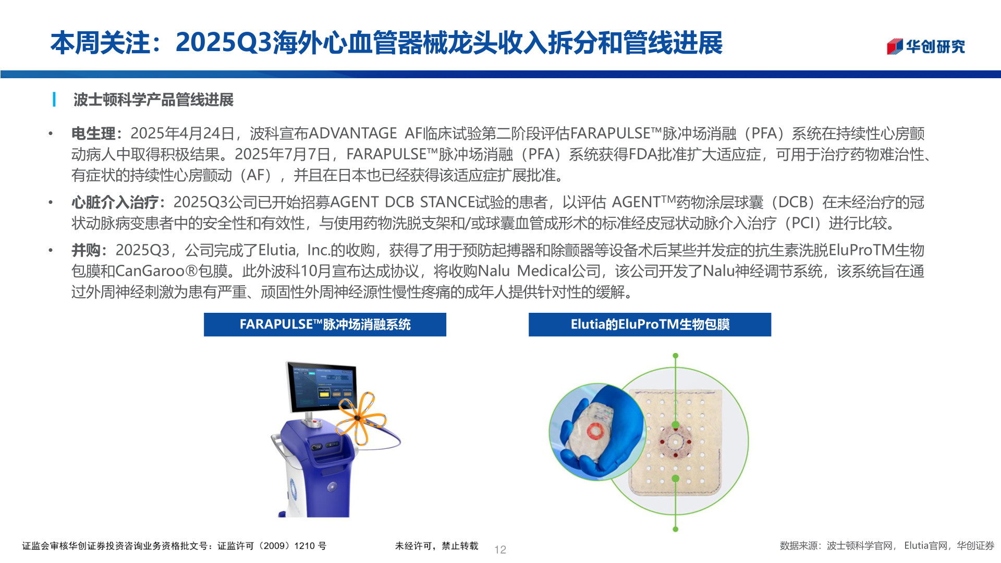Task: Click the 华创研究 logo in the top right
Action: pos(925,46)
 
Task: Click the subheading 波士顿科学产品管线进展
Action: pos(153,100)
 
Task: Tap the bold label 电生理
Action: pos(93,133)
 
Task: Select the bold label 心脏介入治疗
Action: pos(115,202)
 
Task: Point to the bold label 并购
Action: pos(86,250)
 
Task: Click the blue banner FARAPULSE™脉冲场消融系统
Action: pos(325,324)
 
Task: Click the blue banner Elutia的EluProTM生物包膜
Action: pos(650,324)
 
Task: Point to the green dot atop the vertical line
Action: pos(675,356)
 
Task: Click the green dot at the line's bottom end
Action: pos(675,529)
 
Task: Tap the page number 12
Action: pos(500,549)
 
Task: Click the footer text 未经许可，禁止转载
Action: pos(436,546)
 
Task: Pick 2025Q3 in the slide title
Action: pos(224,43)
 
